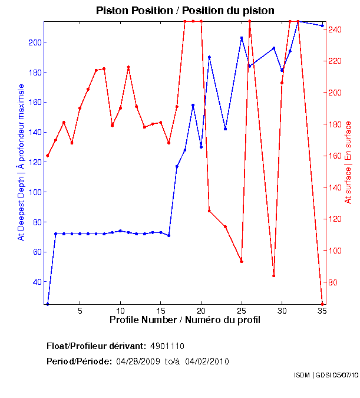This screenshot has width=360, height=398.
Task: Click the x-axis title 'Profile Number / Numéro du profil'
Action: coord(185,320)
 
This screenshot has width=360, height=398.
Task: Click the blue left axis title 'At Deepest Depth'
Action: coord(21,162)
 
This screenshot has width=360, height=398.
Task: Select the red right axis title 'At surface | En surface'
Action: coord(348,162)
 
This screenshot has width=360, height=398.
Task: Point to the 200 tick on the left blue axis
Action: coord(34,42)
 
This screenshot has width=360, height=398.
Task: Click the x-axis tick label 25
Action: coord(242,310)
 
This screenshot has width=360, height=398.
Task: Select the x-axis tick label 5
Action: coord(80,310)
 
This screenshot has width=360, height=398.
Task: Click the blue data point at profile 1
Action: coord(48,304)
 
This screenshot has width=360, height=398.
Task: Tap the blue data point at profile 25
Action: coord(242,38)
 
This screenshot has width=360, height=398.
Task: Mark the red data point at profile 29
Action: coord(274,275)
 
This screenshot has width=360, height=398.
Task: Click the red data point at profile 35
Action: coord(322,304)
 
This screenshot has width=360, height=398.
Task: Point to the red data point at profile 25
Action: coord(242,261)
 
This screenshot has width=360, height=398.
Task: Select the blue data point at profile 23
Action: coord(225,129)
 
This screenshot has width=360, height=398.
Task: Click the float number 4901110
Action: coord(171,346)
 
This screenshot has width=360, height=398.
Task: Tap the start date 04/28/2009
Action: coord(138,361)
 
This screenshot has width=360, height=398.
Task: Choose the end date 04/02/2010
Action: coord(207,361)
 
